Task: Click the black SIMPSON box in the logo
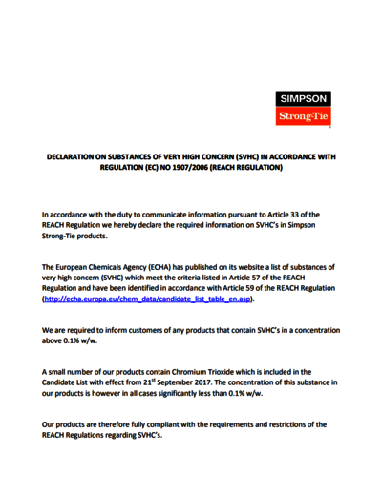coord(303,98)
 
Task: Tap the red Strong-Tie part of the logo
coord(303,116)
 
